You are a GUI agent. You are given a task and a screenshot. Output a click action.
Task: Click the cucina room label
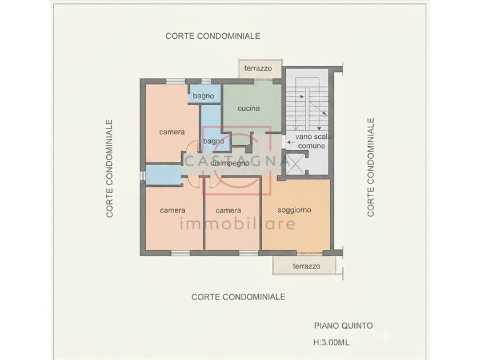tap(249, 108)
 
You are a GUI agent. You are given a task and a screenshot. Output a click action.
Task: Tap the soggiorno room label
tap(294, 210)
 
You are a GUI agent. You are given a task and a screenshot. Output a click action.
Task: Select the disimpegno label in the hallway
tap(230, 163)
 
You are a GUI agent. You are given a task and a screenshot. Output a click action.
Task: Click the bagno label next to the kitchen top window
tap(203, 96)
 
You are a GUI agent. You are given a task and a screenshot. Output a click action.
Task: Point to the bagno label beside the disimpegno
tap(213, 141)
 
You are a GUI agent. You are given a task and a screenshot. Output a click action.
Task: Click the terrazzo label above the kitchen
tap(258, 68)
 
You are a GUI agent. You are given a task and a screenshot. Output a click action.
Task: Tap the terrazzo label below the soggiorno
tap(306, 266)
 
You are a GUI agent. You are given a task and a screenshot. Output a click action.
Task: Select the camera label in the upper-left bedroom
tap(172, 132)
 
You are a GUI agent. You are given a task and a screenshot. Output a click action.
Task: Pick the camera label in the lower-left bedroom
tap(173, 210)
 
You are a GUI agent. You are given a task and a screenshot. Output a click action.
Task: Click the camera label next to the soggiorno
tap(228, 210)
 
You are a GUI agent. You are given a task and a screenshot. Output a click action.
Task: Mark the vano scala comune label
tap(313, 141)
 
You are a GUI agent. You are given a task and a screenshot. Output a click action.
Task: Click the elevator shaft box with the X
tap(296, 165)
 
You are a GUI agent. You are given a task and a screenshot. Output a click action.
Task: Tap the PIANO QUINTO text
tap(343, 325)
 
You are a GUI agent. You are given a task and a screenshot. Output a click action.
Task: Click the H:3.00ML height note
tap(331, 342)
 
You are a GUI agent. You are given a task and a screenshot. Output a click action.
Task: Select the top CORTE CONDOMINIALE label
tap(213, 36)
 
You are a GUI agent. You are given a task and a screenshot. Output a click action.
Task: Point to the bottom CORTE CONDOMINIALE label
tap(238, 297)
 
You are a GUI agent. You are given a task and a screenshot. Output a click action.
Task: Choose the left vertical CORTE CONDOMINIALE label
tap(110, 169)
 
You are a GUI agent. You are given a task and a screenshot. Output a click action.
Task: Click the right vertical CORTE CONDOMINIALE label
tap(371, 167)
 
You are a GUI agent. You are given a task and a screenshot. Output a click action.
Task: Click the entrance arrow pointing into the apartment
tap(291, 142)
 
